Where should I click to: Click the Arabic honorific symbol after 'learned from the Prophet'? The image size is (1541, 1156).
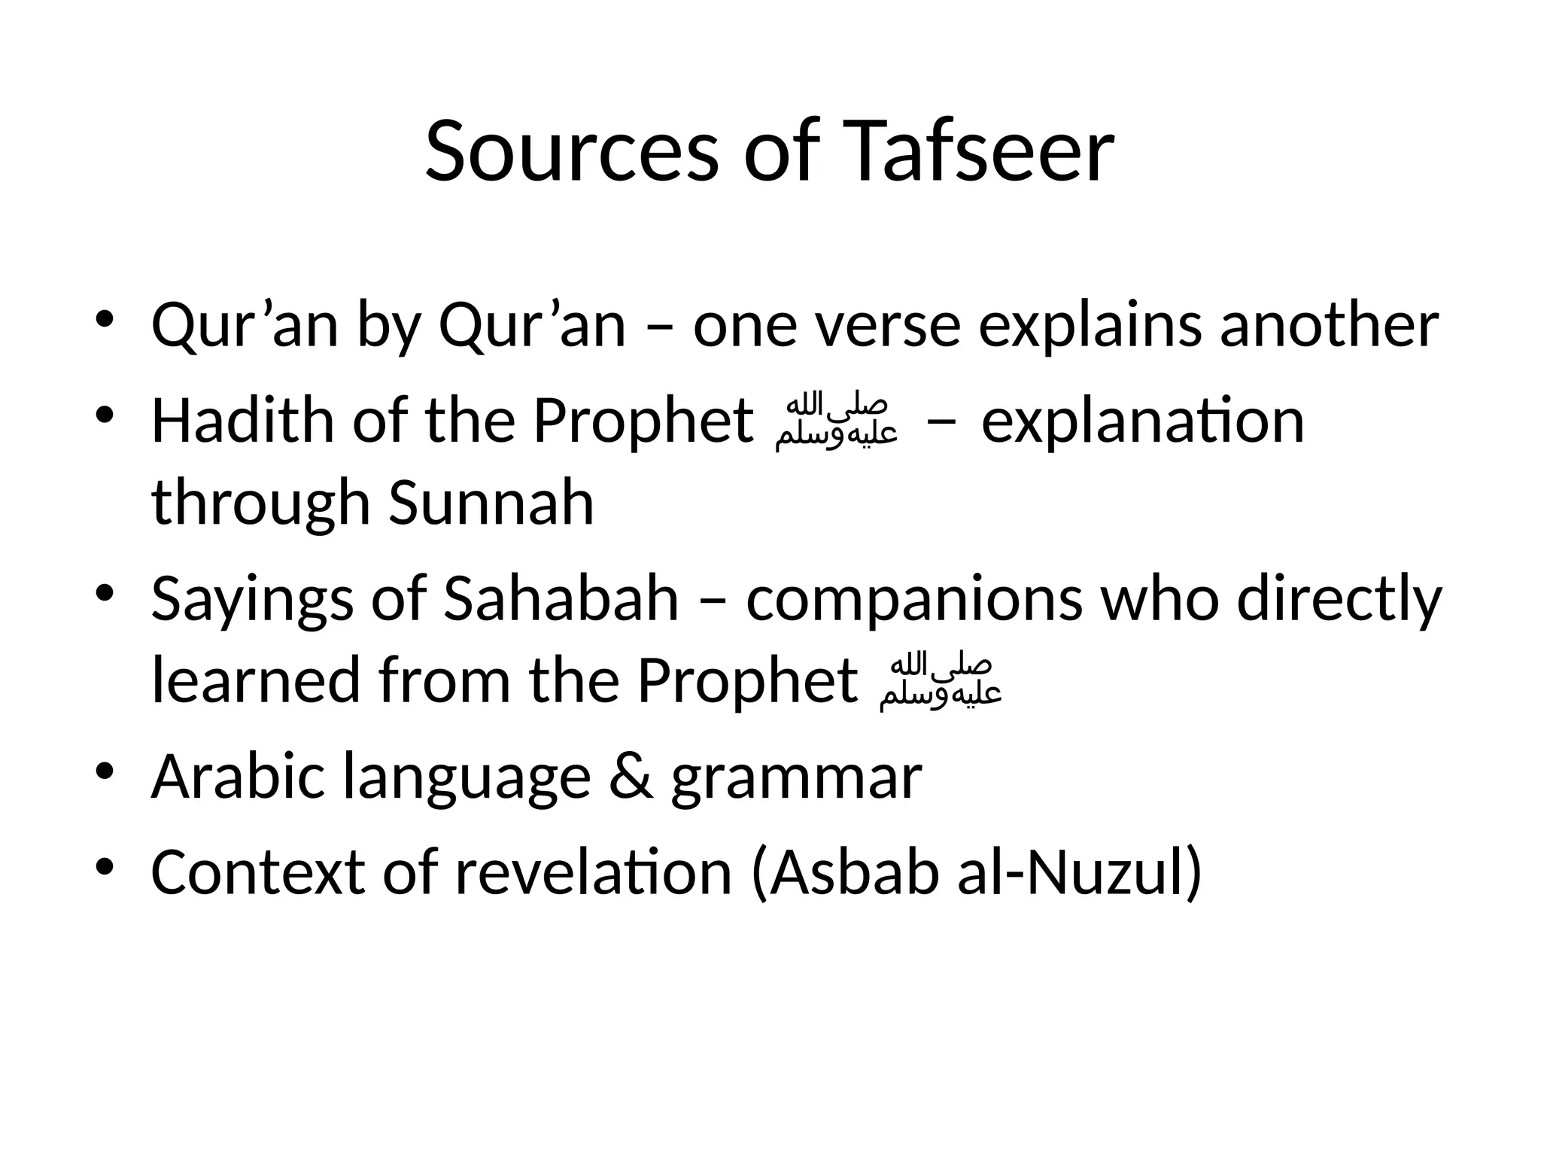[941, 682]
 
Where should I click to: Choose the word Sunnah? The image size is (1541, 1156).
[491, 502]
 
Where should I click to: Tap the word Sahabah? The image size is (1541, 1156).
[561, 599]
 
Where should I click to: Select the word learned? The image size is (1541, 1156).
[256, 680]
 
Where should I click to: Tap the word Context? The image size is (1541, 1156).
[258, 872]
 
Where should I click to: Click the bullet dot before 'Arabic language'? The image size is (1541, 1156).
[105, 771]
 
